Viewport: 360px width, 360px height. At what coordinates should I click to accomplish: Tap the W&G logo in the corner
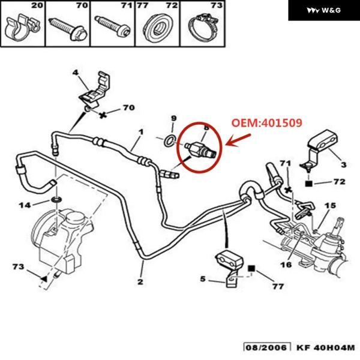(323, 10)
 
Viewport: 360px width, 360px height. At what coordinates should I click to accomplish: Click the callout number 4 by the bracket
(76, 73)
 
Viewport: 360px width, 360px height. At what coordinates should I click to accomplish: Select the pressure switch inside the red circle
(200, 149)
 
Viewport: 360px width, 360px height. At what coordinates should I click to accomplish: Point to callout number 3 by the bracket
(343, 163)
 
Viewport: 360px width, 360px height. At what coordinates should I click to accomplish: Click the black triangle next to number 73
(44, 278)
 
